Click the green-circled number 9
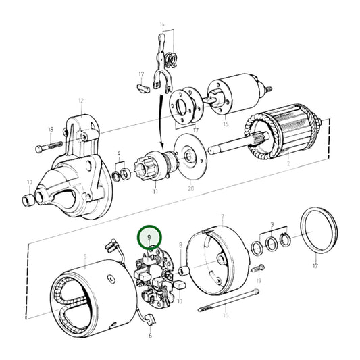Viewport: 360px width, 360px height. tap(149, 238)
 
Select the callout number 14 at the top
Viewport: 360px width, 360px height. tap(162, 25)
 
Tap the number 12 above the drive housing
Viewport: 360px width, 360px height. tap(80, 101)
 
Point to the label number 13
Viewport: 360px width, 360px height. tap(29, 182)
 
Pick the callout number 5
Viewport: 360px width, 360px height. tap(85, 257)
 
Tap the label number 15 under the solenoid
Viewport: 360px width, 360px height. tap(226, 124)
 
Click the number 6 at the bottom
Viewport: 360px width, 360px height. tap(150, 335)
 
